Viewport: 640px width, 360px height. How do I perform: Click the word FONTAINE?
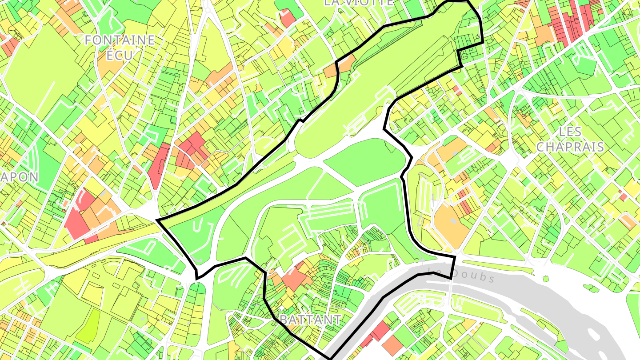coord(120,40)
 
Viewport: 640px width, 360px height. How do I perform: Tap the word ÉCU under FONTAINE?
coord(120,56)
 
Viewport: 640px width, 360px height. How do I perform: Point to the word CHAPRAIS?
coord(570,147)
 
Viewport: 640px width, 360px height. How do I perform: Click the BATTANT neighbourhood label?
coord(311,319)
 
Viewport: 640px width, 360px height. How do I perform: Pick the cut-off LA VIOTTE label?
coord(358,3)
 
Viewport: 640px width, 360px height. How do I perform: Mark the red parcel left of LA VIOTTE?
coord(287,18)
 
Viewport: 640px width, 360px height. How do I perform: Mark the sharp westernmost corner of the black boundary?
coord(158,220)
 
